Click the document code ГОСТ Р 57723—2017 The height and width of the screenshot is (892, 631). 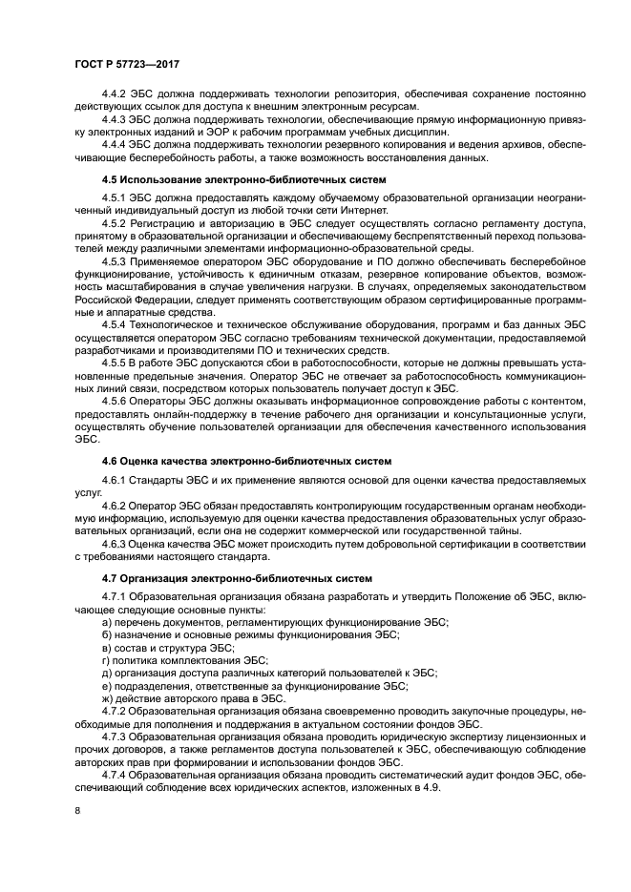126,63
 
